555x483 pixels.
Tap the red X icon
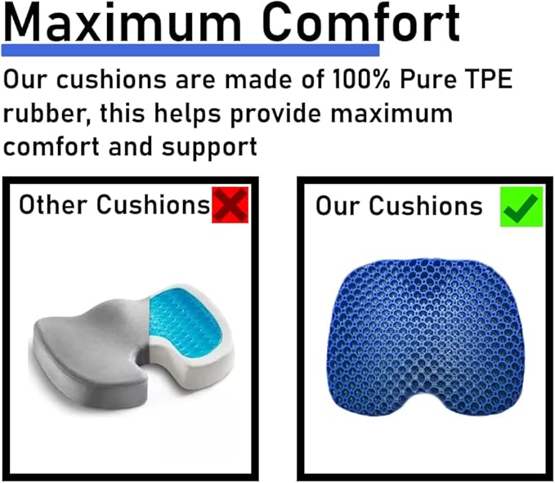coord(230,205)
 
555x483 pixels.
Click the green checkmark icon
coord(521,206)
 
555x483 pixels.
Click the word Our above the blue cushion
coord(338,205)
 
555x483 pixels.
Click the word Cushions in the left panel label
coord(153,204)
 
